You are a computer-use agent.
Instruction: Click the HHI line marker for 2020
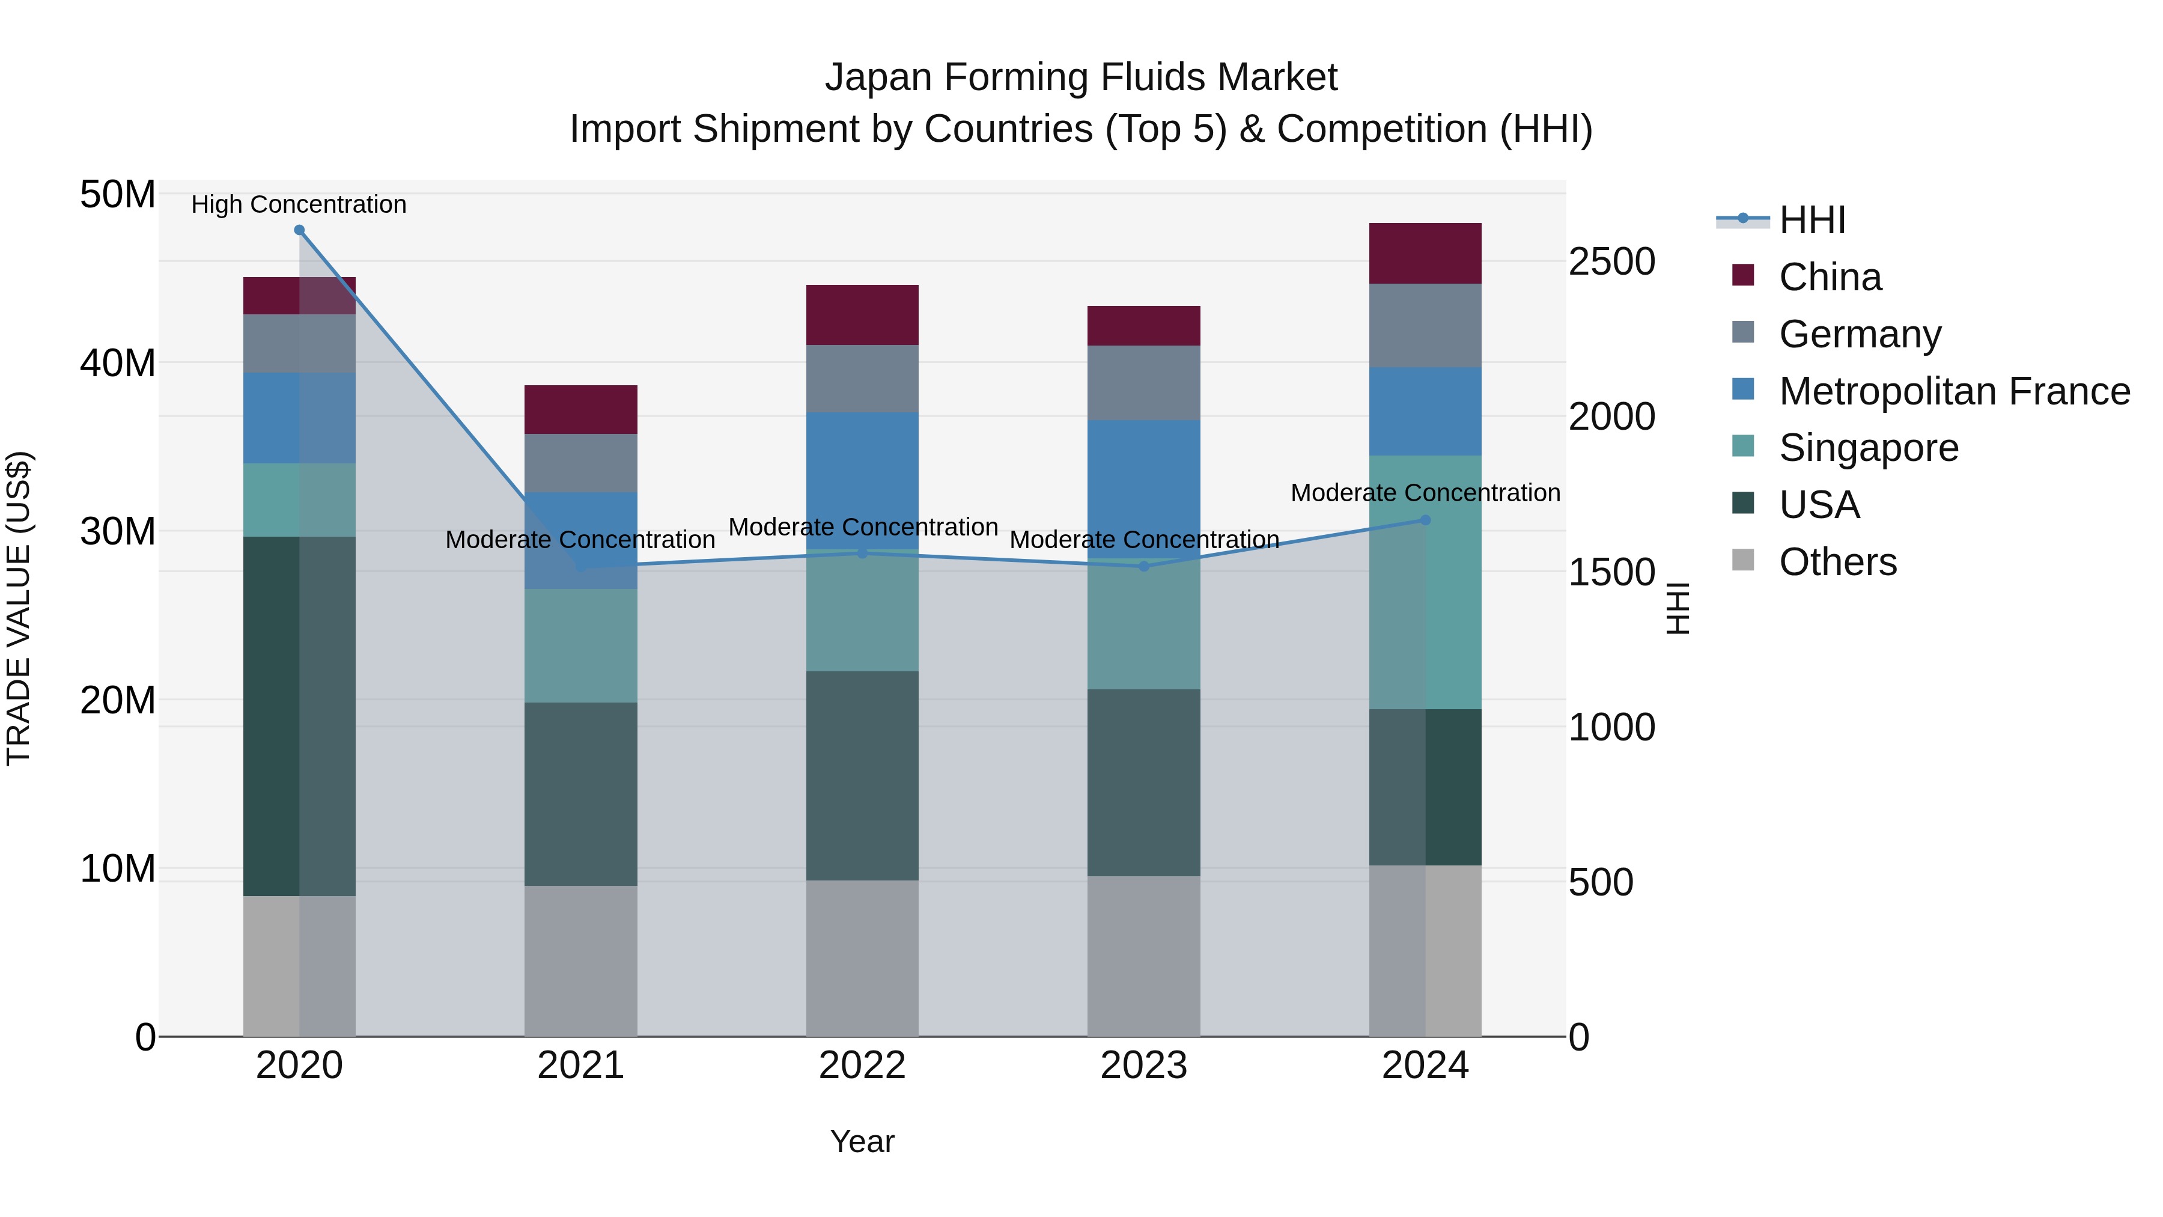[299, 230]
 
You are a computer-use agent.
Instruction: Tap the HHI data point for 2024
[1425, 520]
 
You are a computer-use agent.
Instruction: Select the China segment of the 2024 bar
[1425, 253]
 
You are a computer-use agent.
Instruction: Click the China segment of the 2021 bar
[580, 410]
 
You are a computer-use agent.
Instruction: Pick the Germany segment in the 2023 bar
[1143, 383]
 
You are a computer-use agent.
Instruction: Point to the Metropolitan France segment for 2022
[862, 480]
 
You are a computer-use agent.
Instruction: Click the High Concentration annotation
[299, 204]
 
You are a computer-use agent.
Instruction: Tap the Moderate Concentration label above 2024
[1425, 493]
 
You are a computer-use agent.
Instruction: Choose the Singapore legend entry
[1867, 448]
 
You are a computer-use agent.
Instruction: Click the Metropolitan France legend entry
[1953, 391]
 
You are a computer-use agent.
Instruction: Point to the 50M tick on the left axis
[118, 195]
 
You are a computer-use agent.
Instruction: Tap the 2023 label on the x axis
[1143, 1066]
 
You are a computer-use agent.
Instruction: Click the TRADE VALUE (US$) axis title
[19, 608]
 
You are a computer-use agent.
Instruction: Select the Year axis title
[862, 1141]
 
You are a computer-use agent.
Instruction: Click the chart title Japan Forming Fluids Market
[1081, 78]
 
